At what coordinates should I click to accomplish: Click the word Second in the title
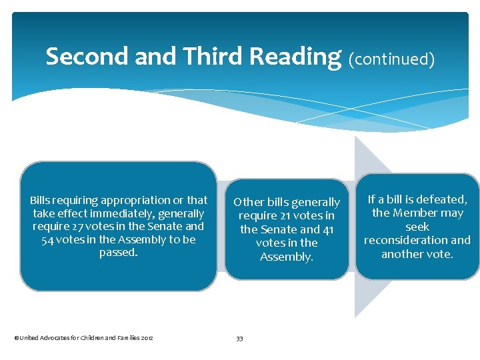pyautogui.click(x=87, y=57)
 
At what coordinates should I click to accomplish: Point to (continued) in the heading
pyautogui.click(x=392, y=59)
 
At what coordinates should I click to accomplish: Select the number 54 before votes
pyautogui.click(x=48, y=240)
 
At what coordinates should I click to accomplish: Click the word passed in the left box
pyautogui.click(x=117, y=253)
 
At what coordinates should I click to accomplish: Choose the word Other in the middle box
pyautogui.click(x=249, y=202)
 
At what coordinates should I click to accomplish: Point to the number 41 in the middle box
pyautogui.click(x=327, y=229)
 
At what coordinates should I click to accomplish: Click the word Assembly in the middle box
pyautogui.click(x=286, y=257)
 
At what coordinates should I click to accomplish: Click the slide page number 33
pyautogui.click(x=239, y=339)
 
